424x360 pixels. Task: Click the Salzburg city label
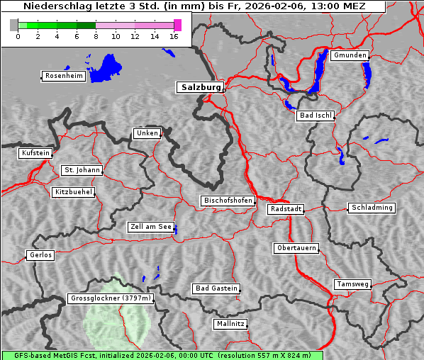point(200,87)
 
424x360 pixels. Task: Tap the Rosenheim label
point(63,76)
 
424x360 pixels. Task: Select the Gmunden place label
point(350,55)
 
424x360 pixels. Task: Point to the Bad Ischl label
point(315,116)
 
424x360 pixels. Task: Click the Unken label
point(147,133)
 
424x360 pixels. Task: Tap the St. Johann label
point(82,170)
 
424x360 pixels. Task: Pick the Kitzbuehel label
point(73,192)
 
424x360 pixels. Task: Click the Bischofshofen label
point(228,201)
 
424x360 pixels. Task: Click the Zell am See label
point(151,227)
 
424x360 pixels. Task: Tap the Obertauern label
point(296,249)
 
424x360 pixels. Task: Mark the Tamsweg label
point(352,284)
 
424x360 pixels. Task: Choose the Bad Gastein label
point(216,288)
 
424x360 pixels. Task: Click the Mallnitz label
point(230,324)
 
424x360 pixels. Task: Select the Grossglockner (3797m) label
point(111,299)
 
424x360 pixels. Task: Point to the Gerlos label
point(40,255)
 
